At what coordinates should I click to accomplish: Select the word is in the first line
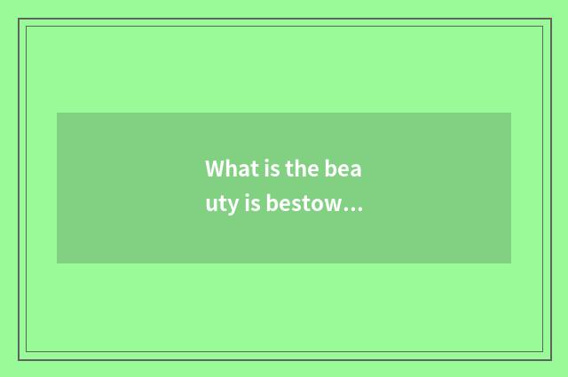pos(264,169)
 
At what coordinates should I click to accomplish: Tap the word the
pos(298,169)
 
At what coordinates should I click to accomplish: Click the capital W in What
pos(215,169)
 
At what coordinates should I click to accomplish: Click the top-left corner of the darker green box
pos(57,113)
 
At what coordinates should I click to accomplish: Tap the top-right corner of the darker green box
pos(511,113)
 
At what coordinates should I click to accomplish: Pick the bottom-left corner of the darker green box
pos(57,263)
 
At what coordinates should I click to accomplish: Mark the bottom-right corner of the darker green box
pos(511,263)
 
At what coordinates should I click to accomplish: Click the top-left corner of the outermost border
pos(19,19)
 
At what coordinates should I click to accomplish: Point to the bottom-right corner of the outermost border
pos(550,359)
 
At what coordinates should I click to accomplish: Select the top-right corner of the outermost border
pos(550,19)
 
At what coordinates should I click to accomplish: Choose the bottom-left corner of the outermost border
pos(19,359)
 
